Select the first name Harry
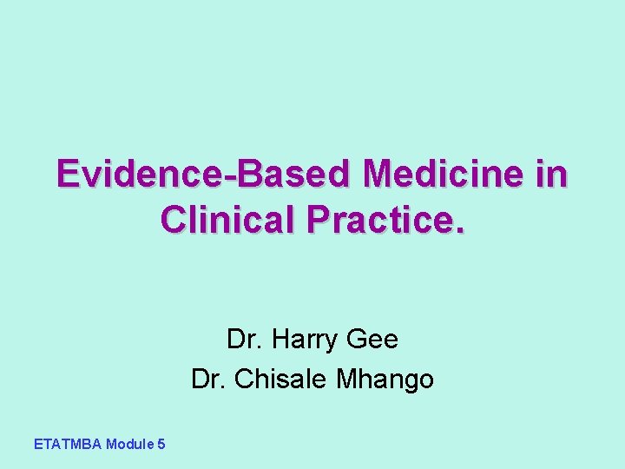tap(304, 339)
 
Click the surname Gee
tap(372, 339)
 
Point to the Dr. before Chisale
tap(209, 380)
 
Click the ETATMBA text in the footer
tap(68, 444)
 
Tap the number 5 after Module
tap(161, 444)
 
